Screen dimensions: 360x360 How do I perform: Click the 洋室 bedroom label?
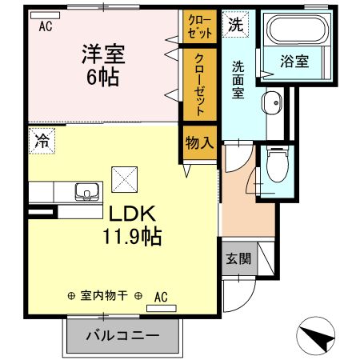[102, 56]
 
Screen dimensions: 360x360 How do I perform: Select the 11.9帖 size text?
[132, 237]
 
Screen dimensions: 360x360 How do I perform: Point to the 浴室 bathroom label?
[294, 62]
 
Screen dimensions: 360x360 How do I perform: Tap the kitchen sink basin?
[85, 193]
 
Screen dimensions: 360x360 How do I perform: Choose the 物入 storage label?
[198, 144]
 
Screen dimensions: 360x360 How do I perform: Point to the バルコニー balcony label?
[122, 336]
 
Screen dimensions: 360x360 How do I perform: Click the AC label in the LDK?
[160, 296]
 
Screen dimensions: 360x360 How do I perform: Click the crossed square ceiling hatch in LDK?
[125, 177]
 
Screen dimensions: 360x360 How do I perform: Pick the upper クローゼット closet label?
[198, 26]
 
